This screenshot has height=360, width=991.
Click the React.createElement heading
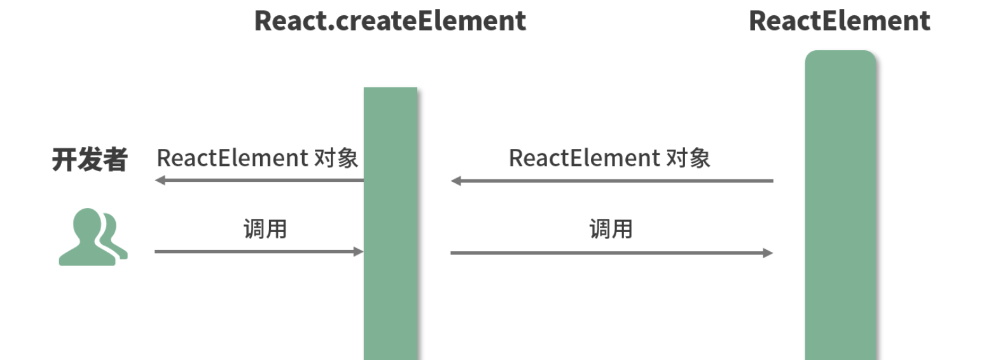click(390, 21)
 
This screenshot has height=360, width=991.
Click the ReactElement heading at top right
click(839, 21)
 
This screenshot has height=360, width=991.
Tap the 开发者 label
click(90, 159)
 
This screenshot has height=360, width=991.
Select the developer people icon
click(94, 237)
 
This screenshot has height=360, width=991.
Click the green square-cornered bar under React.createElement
click(390, 223)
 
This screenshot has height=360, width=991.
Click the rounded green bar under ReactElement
click(840, 205)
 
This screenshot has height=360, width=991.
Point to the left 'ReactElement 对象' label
click(258, 158)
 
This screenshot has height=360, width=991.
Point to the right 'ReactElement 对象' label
click(609, 158)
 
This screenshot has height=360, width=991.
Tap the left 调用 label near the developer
click(265, 229)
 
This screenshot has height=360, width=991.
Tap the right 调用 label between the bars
click(611, 229)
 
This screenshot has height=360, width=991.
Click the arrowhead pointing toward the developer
click(160, 180)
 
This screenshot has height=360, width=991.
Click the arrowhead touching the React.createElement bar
click(359, 252)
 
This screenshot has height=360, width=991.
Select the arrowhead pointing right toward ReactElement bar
click(768, 253)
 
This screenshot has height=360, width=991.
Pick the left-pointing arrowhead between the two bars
click(455, 181)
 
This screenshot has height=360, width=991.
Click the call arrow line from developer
click(259, 252)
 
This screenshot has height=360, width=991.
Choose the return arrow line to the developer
click(260, 180)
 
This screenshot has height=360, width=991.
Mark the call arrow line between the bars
click(612, 253)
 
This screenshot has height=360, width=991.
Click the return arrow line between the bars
click(612, 181)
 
